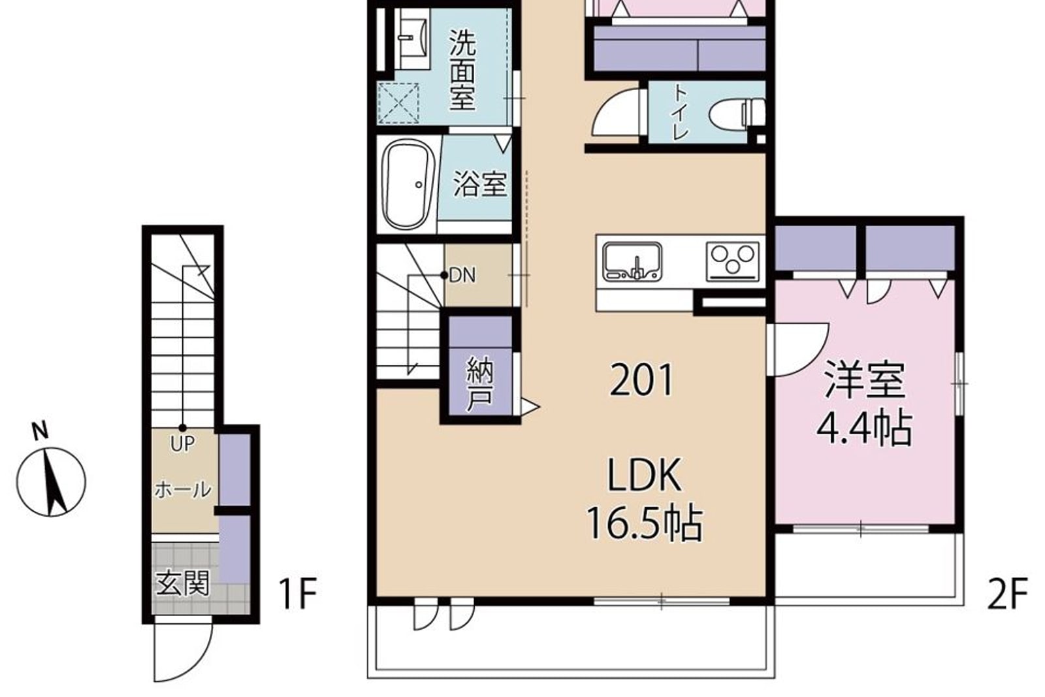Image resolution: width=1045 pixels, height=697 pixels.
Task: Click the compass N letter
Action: click(x=40, y=431)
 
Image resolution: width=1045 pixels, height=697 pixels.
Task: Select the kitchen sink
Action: click(x=632, y=262)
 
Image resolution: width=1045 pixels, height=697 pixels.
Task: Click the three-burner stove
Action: click(x=732, y=261)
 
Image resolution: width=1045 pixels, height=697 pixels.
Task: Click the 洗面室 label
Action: click(x=462, y=70)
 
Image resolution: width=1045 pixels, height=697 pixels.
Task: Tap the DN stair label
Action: click(x=462, y=276)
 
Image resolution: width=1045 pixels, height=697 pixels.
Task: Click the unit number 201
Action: click(x=641, y=380)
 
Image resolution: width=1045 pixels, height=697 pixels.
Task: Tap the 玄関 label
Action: click(x=182, y=583)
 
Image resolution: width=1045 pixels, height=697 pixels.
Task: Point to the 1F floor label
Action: click(x=298, y=594)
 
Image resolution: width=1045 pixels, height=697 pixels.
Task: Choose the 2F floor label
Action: click(x=1008, y=594)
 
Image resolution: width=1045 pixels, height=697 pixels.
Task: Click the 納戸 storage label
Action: click(x=479, y=384)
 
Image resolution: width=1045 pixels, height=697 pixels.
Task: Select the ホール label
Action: click(x=183, y=491)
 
